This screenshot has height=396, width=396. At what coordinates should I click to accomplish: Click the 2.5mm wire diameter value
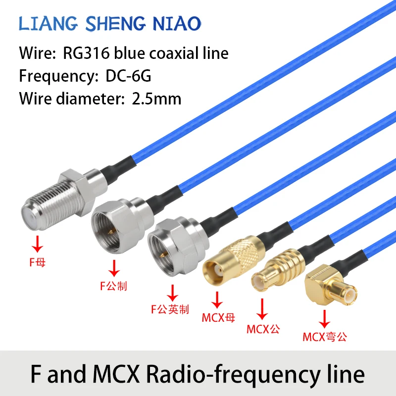point(157,99)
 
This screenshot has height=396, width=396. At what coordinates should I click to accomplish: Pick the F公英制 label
point(170,309)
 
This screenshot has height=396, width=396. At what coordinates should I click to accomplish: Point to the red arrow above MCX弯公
point(325,318)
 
